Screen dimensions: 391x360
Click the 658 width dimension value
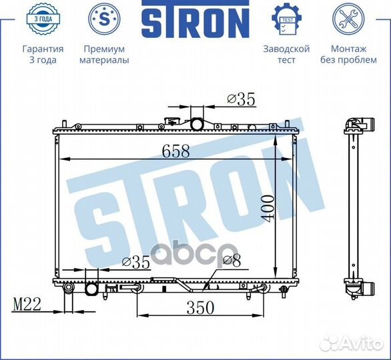175,151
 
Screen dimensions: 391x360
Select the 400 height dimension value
268,209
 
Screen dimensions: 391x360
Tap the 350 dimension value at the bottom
200,308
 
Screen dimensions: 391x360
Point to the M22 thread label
27,304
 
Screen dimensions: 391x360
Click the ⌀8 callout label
232,261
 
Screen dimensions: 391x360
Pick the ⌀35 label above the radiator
241,99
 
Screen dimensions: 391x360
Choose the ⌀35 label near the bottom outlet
136,262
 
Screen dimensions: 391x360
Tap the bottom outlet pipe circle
91,289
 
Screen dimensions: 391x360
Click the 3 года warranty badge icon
43,19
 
